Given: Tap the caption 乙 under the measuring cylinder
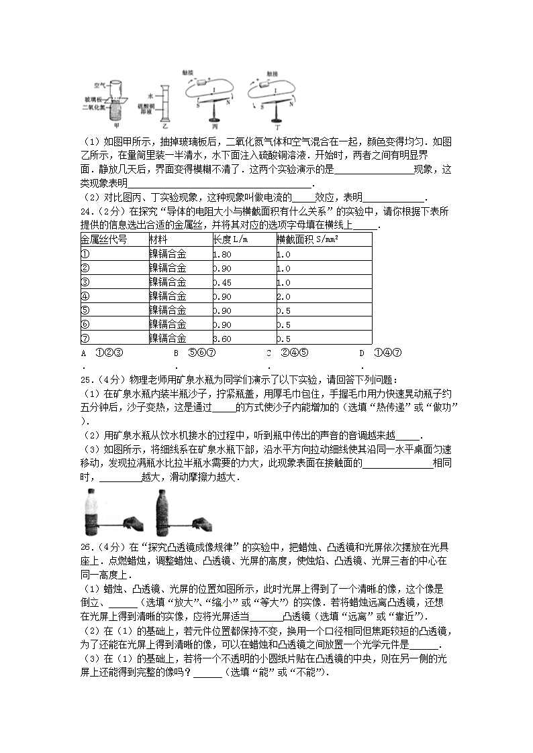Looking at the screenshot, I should (x=166, y=125).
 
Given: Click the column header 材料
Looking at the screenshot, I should (x=158, y=239).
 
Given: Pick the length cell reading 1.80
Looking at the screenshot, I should (x=222, y=254).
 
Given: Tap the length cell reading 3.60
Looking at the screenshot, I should (x=222, y=339).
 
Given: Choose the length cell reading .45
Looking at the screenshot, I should (x=222, y=282).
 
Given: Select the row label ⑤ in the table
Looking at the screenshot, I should (x=85, y=310).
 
